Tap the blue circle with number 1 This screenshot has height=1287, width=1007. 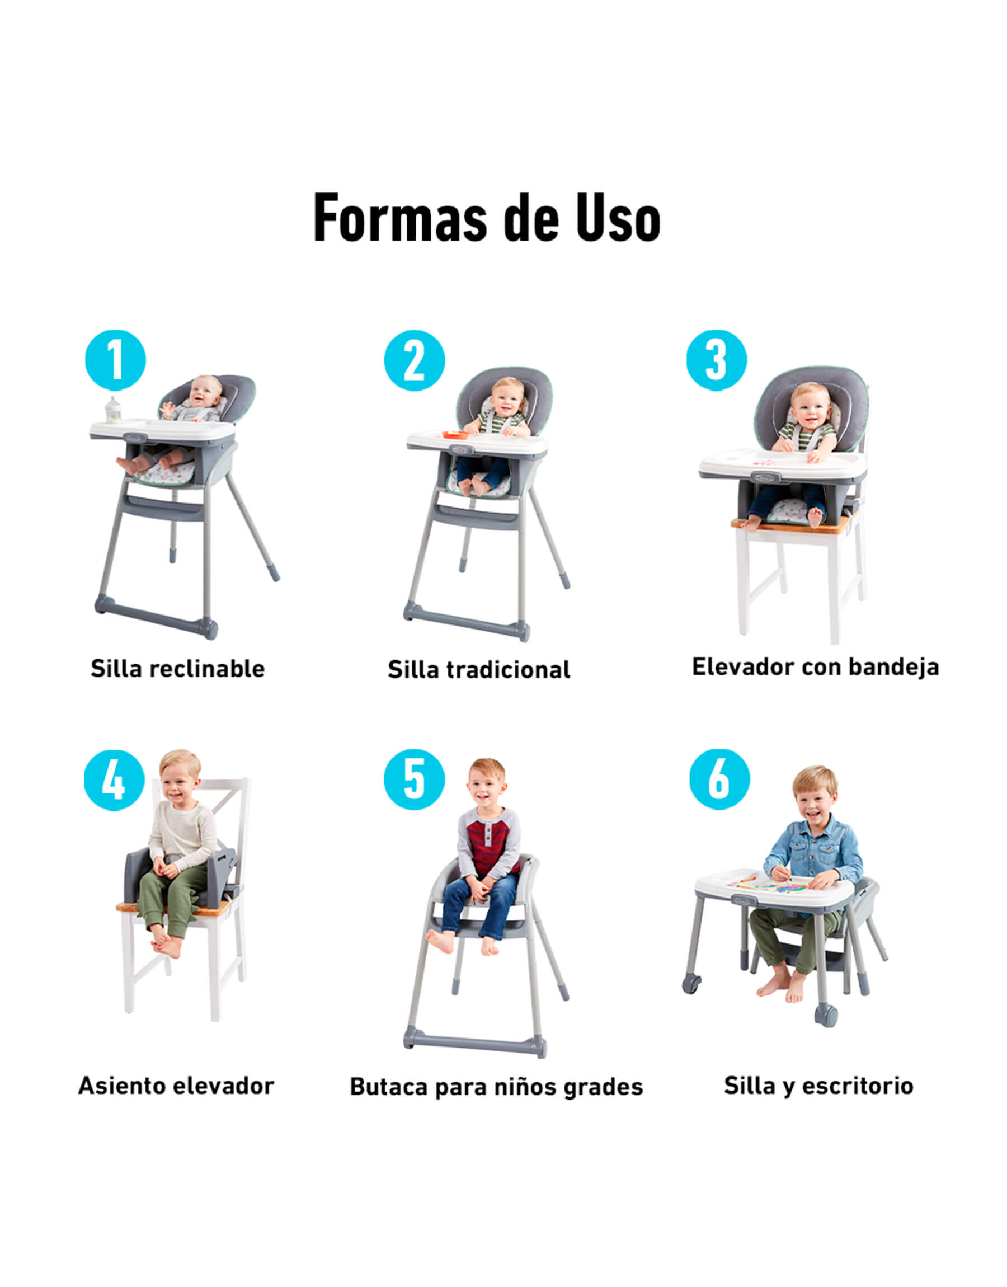[116, 360]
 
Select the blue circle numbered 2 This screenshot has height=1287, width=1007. [415, 360]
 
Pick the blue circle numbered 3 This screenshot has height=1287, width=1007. [716, 360]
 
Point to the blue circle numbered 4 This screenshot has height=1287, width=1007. [114, 781]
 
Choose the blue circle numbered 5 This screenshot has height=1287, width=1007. [415, 779]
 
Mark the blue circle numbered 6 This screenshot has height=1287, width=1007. [720, 779]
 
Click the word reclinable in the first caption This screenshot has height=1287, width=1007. [207, 669]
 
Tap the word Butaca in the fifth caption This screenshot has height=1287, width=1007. [389, 1087]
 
